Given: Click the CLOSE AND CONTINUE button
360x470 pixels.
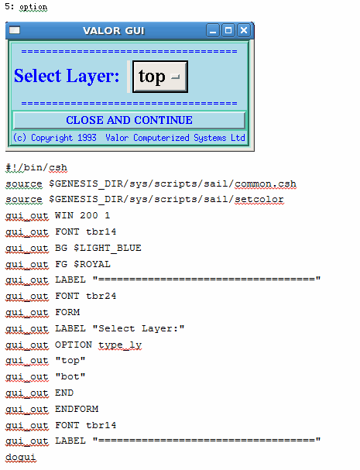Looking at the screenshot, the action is point(129,120).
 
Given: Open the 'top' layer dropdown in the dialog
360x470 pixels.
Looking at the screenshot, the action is point(160,77).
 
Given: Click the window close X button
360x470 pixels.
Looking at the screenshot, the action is point(244,30).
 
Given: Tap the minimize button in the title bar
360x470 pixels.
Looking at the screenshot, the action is point(213,30).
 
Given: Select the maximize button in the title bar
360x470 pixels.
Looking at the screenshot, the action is point(228,30).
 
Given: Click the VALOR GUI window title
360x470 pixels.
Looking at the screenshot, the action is point(114,30).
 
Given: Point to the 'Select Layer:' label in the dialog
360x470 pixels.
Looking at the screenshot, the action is point(67,76).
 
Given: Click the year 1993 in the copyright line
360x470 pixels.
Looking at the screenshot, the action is point(87,138).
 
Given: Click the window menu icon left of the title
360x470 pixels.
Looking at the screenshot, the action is point(15,30).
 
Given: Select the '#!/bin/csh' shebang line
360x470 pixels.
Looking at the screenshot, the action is point(36,167).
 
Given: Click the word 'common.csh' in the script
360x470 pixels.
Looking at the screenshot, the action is point(266,184).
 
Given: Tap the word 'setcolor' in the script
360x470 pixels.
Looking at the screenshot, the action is point(259,199).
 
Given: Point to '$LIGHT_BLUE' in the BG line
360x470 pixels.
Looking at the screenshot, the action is point(108,248).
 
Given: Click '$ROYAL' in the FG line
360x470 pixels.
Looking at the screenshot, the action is point(92,264).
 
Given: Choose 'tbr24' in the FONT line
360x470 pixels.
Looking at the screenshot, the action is point(101,296).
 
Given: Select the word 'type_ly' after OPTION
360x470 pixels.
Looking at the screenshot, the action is point(120,345).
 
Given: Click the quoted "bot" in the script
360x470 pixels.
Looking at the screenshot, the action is point(70,376).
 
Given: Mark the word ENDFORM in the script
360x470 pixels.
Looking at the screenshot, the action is point(77,409).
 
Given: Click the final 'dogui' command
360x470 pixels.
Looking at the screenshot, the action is point(21,458).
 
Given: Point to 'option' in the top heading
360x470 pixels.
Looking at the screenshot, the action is point(33,7).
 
